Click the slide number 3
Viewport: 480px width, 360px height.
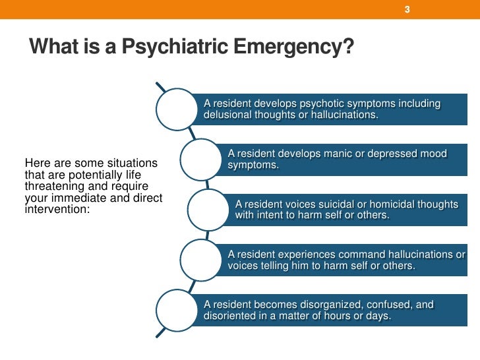(x=407, y=10)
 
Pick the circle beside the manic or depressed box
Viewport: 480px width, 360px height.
(x=203, y=159)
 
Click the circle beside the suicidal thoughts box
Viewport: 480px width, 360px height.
(x=210, y=210)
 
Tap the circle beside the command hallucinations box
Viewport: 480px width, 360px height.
(x=203, y=260)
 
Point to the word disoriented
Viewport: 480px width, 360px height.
(x=229, y=316)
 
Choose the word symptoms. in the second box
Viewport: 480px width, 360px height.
(x=253, y=165)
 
